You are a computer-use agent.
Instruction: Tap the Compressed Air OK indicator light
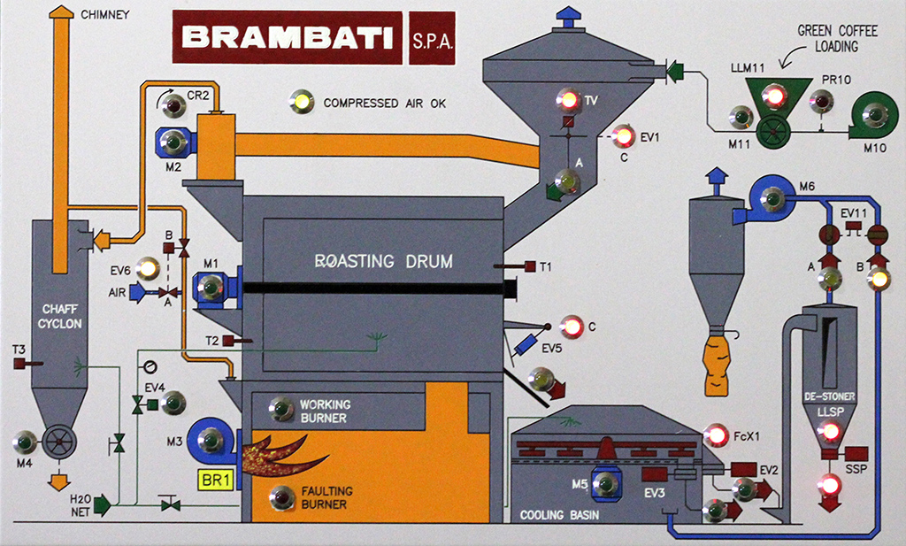point(302,102)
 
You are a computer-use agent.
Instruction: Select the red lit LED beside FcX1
point(715,435)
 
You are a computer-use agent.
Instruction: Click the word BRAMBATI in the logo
point(287,38)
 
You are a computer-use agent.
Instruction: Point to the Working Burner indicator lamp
point(282,409)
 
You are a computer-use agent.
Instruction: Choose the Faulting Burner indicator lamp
point(282,497)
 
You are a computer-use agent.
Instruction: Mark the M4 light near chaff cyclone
point(26,441)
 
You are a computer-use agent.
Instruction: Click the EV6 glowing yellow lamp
point(148,267)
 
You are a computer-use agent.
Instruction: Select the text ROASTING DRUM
point(384,261)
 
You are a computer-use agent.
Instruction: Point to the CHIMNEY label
point(105,14)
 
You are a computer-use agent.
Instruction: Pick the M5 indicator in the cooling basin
point(605,484)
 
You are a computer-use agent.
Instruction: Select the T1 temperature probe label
point(546,266)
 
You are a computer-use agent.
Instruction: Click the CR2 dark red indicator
point(173,107)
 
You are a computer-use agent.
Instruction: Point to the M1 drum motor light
point(211,287)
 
